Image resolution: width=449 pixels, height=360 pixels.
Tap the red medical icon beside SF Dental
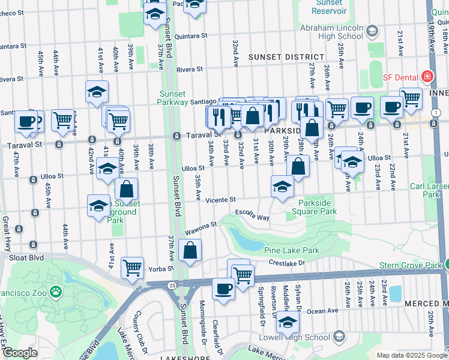426,77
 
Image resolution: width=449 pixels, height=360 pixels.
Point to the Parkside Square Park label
318,207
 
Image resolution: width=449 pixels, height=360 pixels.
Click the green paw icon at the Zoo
56,292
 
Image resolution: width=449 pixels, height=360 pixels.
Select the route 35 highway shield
172,285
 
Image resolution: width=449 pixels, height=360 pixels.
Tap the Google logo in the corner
20,353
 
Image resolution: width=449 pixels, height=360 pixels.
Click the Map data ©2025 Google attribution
411,355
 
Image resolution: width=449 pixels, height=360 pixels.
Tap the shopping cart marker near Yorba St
132,267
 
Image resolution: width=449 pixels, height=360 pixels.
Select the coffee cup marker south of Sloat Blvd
224,289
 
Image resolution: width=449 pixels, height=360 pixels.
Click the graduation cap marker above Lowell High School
288,322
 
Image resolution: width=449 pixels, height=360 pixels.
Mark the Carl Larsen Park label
429,190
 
